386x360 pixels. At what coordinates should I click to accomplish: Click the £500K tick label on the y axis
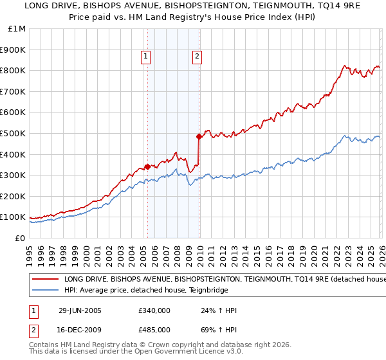click(x=13, y=133)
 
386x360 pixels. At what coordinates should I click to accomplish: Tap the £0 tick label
click(x=20, y=238)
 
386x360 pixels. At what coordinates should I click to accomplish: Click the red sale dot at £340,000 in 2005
click(x=148, y=166)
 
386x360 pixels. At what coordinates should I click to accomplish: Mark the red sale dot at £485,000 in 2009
click(x=199, y=136)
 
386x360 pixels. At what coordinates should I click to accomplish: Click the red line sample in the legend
click(x=45, y=280)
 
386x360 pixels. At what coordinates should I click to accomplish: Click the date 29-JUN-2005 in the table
click(x=80, y=310)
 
